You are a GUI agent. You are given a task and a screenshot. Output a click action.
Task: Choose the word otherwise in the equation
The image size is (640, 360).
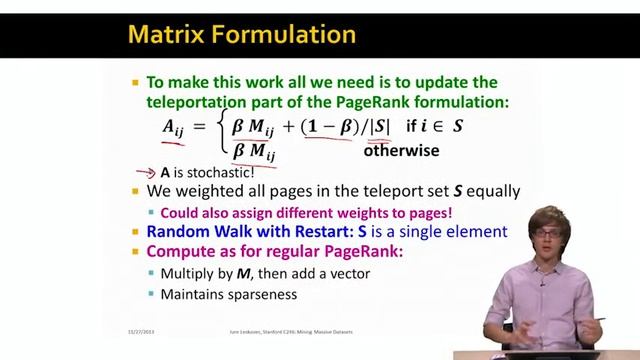401,152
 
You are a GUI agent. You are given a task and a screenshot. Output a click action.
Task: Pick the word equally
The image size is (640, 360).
490,191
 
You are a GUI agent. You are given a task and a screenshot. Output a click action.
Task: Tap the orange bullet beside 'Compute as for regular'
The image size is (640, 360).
136,251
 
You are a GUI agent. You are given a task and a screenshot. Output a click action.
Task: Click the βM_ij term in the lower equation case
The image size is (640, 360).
254,152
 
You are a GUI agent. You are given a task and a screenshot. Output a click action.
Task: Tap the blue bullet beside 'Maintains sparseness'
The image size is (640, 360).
152,294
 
